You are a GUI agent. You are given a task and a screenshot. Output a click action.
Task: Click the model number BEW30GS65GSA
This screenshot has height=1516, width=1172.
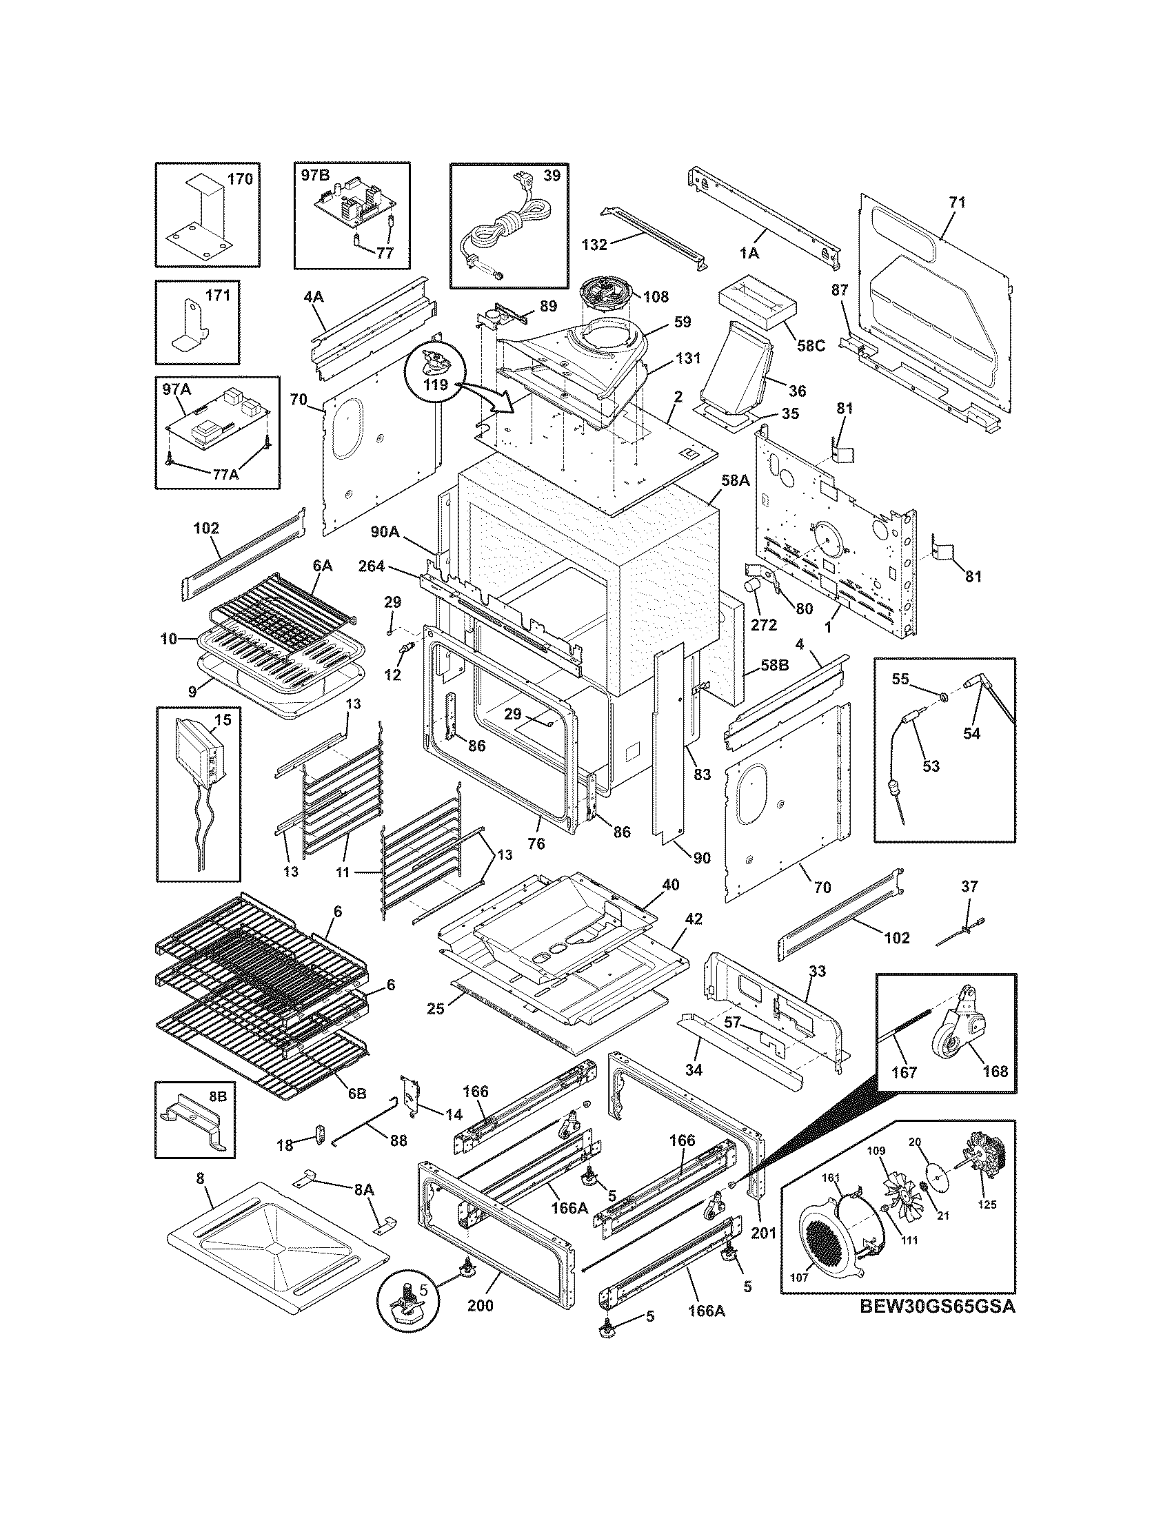937,1306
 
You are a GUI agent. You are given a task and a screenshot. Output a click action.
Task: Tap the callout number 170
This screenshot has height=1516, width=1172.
239,179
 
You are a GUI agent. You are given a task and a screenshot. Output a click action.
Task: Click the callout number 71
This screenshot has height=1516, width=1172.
957,203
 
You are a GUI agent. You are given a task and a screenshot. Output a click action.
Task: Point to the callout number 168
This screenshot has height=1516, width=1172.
995,1071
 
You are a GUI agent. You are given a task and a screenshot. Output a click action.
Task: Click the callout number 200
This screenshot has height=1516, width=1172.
479,1305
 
